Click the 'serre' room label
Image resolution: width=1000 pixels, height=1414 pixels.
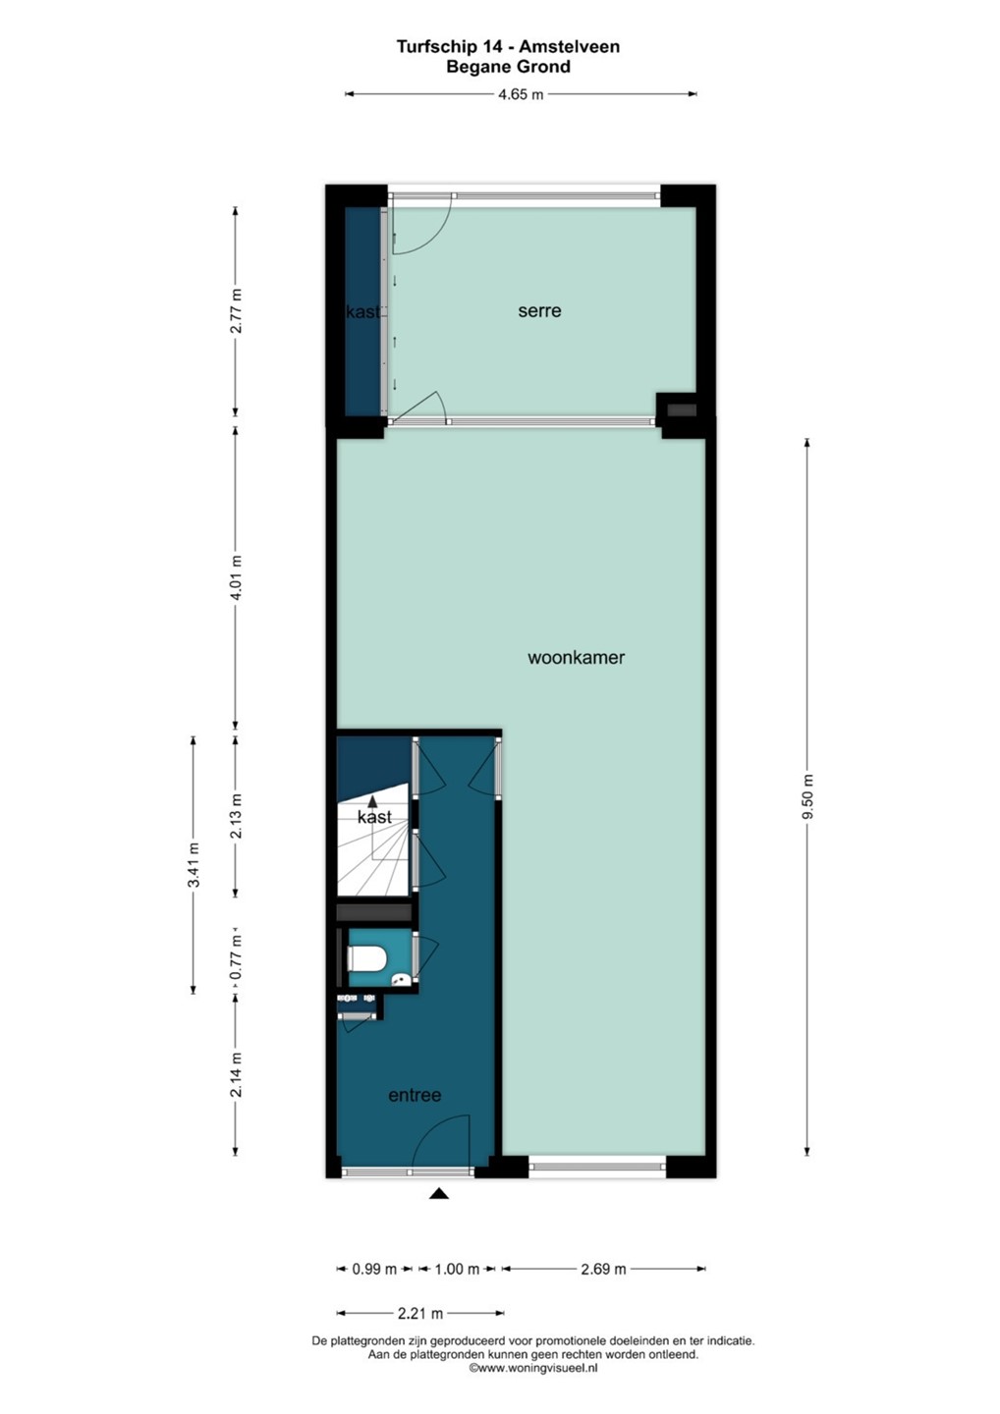(539, 310)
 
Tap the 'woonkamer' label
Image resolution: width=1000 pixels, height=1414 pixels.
(576, 658)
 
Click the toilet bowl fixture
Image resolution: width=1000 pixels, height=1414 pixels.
(366, 958)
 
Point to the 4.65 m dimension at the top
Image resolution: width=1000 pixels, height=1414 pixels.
(521, 94)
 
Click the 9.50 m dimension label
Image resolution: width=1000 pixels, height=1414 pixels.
(807, 796)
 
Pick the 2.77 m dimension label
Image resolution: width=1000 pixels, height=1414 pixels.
(236, 311)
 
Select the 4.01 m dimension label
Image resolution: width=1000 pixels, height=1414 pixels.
(236, 578)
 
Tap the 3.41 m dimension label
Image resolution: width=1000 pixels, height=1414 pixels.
(194, 865)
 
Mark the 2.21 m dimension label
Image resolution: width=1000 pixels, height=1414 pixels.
(419, 1314)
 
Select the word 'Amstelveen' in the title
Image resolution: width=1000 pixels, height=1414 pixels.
(569, 47)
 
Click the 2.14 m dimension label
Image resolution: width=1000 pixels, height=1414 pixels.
(236, 1076)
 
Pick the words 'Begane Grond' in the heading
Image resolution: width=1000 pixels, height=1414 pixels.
(508, 67)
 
